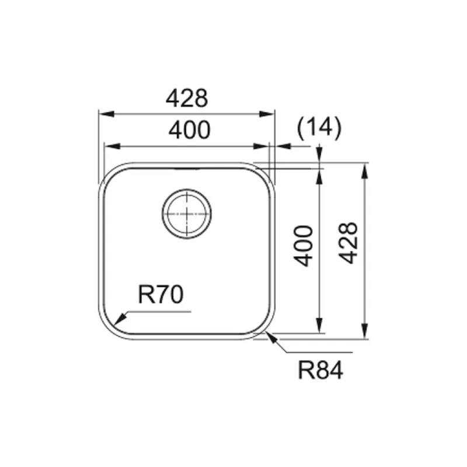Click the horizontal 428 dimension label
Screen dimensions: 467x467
point(187,98)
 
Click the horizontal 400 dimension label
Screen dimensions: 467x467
point(189,130)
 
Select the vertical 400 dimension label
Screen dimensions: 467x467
point(304,246)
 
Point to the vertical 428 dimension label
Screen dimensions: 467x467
point(348,243)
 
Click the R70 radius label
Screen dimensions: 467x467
point(161,294)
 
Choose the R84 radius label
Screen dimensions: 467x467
point(320,370)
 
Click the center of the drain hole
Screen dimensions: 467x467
point(187,214)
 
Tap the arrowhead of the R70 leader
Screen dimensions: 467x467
point(120,319)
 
